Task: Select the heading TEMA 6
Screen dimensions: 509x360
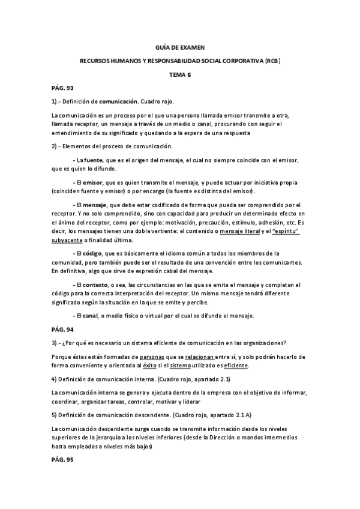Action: (179, 74)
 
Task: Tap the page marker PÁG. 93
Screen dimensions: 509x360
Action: (62, 88)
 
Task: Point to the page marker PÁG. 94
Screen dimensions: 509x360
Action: (62, 329)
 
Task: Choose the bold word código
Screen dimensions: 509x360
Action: (93, 253)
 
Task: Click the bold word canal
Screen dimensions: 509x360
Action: (92, 315)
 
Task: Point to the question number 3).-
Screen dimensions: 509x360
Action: (57, 343)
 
